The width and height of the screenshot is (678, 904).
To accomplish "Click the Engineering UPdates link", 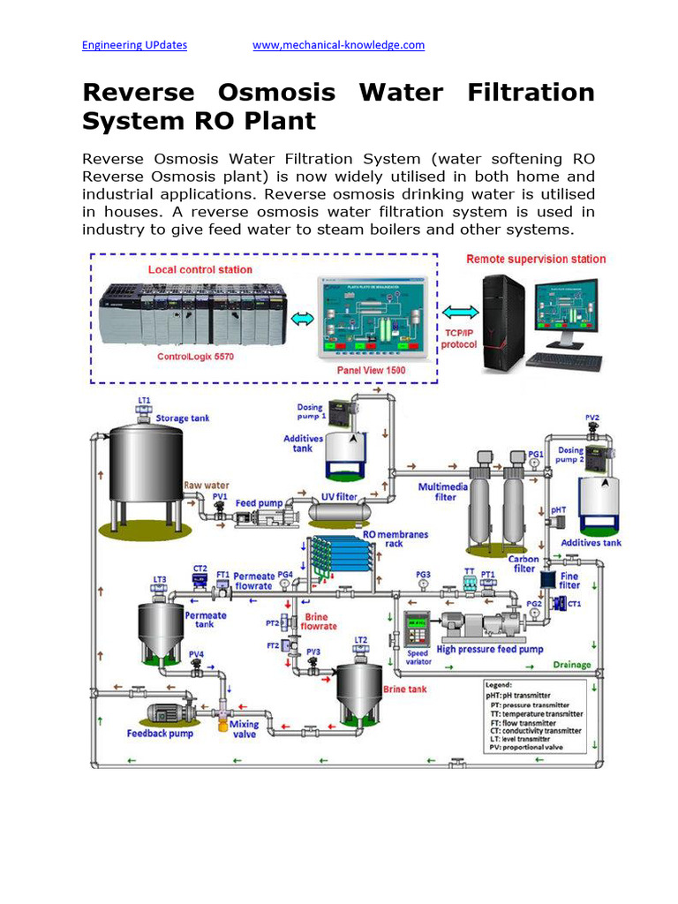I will click(134, 45).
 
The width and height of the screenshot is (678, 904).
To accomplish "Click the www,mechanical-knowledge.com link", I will click(338, 45).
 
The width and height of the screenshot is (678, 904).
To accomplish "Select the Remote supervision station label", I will click(536, 259).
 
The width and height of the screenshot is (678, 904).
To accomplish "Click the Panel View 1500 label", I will click(371, 370).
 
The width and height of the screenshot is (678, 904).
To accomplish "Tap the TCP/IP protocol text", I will click(459, 339).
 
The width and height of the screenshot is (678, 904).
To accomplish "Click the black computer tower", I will click(504, 320).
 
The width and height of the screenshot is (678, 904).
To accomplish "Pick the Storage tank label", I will click(183, 418).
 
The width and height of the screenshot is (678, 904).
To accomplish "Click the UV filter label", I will click(338, 497).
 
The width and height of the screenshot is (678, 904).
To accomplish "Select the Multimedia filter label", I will click(438, 492).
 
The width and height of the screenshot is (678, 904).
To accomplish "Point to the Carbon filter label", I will click(523, 564).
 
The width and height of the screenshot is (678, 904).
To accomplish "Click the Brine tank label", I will click(404, 689).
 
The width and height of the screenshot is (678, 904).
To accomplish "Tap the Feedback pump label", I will click(160, 733).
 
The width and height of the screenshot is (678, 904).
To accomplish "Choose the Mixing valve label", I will click(244, 729).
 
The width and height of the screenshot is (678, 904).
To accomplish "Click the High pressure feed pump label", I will click(490, 649).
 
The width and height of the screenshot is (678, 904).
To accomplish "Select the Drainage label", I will click(572, 665).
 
